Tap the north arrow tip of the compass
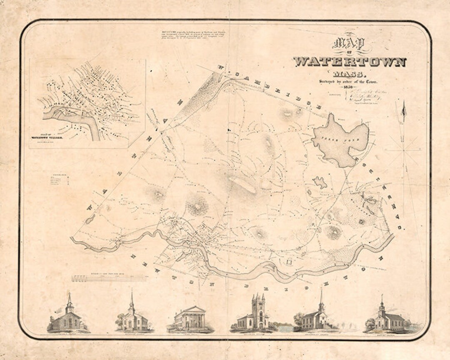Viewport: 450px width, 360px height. (x=403, y=102)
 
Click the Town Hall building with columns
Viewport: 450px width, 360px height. (x=190, y=319)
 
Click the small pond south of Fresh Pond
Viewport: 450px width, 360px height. (x=320, y=182)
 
